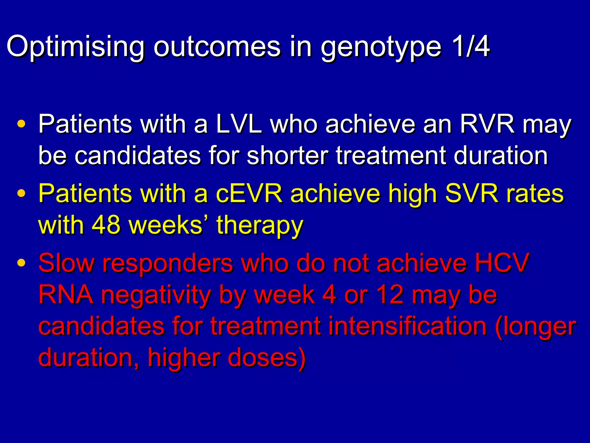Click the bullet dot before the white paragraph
(22, 124)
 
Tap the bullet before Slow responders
(22, 262)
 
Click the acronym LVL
(239, 124)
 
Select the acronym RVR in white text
(487, 124)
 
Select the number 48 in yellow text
(106, 225)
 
